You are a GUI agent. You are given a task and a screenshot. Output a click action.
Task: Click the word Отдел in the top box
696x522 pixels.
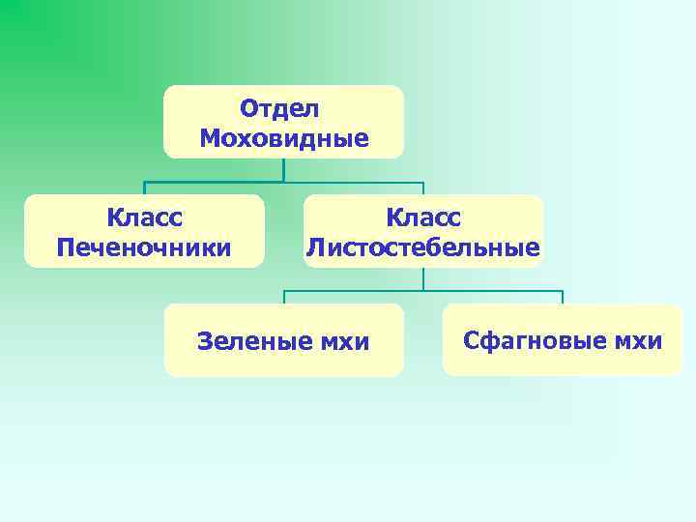tap(279, 108)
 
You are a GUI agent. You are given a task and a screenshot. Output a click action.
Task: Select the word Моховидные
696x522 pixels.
tap(284, 139)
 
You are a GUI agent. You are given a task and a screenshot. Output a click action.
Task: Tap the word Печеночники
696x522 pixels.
tap(144, 248)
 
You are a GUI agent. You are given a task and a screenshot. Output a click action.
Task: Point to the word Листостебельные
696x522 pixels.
tap(423, 248)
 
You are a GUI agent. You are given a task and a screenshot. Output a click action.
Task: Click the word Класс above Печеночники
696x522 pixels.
tap(145, 217)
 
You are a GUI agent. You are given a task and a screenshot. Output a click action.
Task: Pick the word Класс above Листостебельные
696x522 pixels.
tap(423, 217)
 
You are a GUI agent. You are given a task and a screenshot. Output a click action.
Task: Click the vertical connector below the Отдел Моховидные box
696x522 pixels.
tap(284, 170)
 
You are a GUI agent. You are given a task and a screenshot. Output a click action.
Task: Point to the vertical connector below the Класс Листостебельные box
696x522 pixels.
tap(423, 279)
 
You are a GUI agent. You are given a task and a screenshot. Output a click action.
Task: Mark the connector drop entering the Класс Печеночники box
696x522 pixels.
tap(145, 188)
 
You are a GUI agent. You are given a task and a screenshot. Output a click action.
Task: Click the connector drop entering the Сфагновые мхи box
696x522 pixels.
tap(563, 298)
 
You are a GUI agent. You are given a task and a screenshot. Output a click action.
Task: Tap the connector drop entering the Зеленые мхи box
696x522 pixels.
tap(284, 298)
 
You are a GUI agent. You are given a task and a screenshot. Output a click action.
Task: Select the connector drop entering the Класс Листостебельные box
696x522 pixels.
tap(423, 188)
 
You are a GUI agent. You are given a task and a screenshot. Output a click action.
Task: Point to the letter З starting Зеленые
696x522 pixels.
tap(204, 341)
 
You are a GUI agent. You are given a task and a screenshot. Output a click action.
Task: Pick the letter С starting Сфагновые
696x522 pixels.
tap(472, 340)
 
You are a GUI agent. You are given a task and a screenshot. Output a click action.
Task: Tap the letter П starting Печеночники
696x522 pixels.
tap(67, 248)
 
